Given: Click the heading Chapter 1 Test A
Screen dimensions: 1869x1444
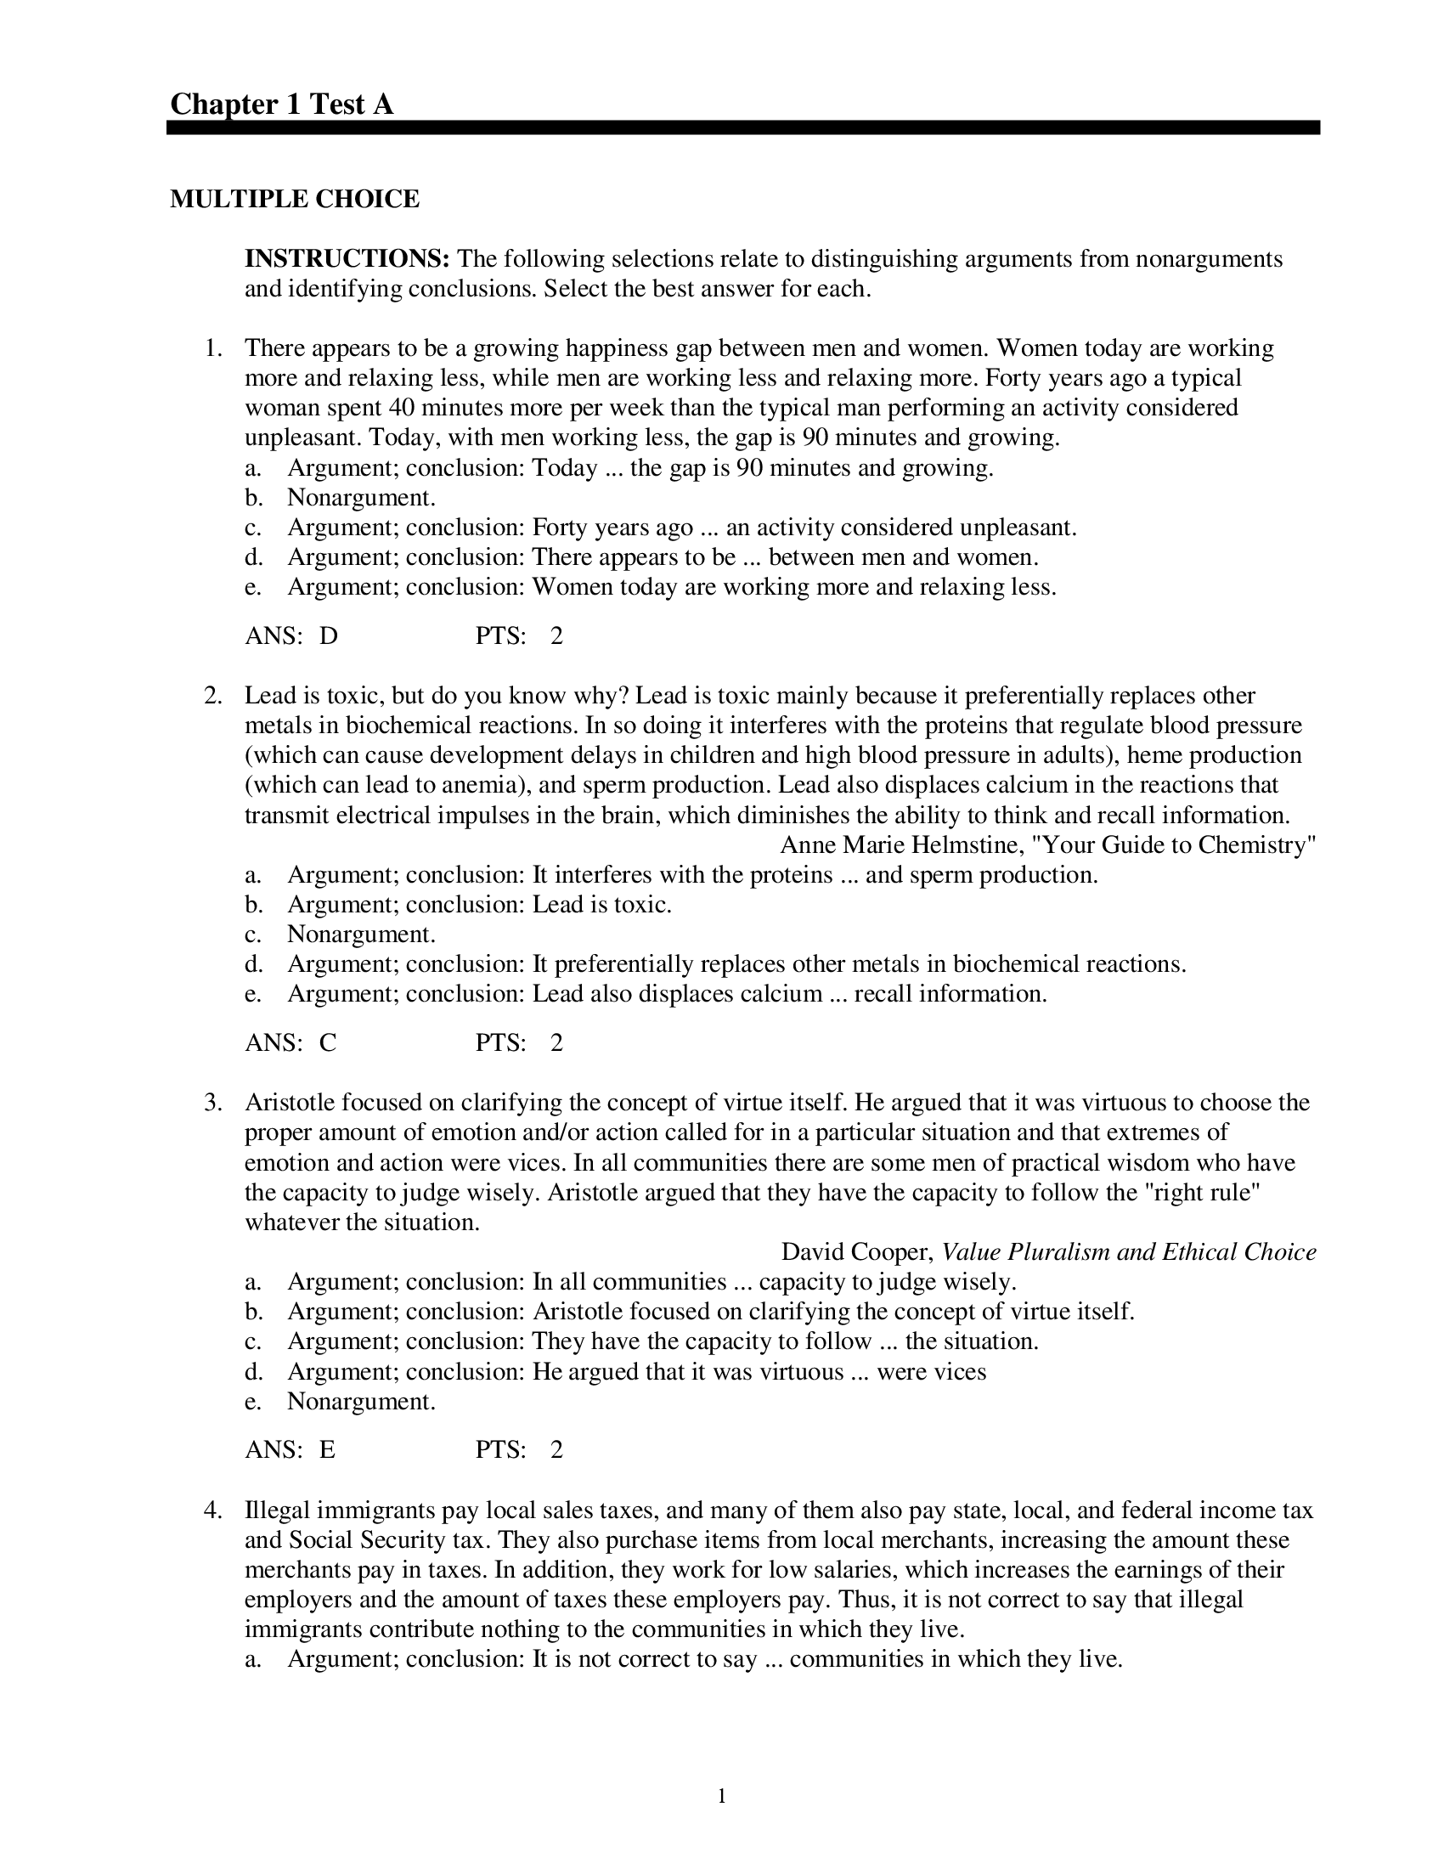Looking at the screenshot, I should pyautogui.click(x=281, y=104).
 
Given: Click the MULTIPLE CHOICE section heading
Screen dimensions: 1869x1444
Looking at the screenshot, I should pyautogui.click(x=294, y=199).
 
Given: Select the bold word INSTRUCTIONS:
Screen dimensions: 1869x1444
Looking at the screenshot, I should pyautogui.click(x=347, y=258).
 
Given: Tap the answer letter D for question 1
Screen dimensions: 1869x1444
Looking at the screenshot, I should pyautogui.click(x=329, y=635).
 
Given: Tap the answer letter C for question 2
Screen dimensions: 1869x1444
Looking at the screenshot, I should pyautogui.click(x=329, y=1042).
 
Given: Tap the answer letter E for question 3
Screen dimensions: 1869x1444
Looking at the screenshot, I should pyautogui.click(x=328, y=1448).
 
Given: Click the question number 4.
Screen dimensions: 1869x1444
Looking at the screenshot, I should pyautogui.click(x=213, y=1510).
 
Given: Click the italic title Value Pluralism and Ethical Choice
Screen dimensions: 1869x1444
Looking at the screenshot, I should pyautogui.click(x=1128, y=1252).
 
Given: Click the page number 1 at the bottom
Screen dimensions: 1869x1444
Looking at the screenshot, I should pyautogui.click(x=722, y=1795).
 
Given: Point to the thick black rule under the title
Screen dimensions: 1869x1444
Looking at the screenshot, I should pyautogui.click(x=742, y=127).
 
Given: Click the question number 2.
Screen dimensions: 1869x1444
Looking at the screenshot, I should pyautogui.click(x=213, y=696).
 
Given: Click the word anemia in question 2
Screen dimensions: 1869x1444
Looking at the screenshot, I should pyautogui.click(x=477, y=785).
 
